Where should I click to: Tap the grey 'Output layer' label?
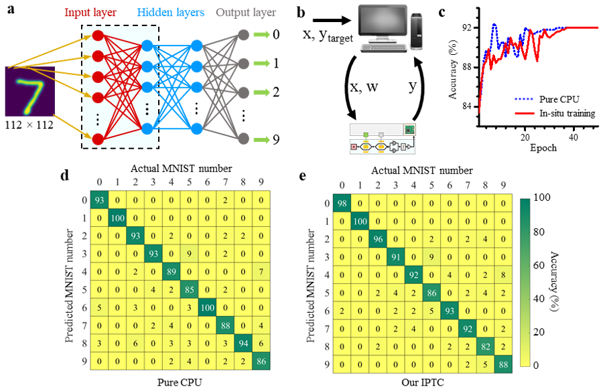pyautogui.click(x=246, y=13)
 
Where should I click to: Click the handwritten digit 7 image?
pyautogui.click(x=29, y=91)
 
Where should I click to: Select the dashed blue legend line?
pyautogui.click(x=524, y=98)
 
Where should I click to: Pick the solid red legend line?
pyautogui.click(x=524, y=113)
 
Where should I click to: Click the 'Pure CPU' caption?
pyautogui.click(x=176, y=382)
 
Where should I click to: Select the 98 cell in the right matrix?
pyautogui.click(x=342, y=204)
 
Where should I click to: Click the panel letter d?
pyautogui.click(x=64, y=176)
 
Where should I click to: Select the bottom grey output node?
pyautogui.click(x=244, y=139)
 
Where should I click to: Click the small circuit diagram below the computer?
pyautogui.click(x=383, y=139)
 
